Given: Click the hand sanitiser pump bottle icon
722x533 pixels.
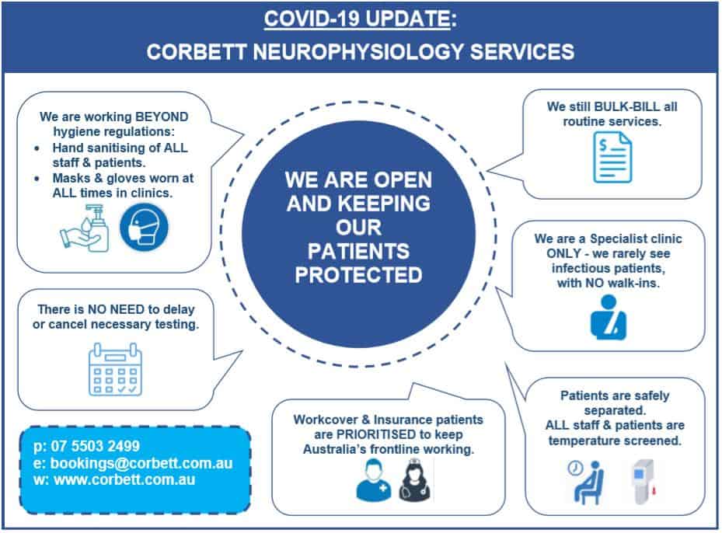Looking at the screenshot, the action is click(85, 228).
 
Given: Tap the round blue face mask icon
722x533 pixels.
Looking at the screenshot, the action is click(144, 228).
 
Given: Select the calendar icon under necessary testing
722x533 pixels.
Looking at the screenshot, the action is click(115, 369).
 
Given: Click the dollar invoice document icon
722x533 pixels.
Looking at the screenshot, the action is click(612, 157).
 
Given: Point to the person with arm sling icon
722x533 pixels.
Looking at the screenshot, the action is click(609, 317).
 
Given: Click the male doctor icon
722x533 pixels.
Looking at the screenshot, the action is click(373, 481).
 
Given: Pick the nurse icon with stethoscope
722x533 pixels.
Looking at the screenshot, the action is click(415, 482).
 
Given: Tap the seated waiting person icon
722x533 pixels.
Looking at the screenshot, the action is click(584, 482).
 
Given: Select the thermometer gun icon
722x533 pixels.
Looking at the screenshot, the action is click(644, 482).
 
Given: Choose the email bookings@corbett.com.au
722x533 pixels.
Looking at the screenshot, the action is click(141, 463).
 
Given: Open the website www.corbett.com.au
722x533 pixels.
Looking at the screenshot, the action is click(124, 479).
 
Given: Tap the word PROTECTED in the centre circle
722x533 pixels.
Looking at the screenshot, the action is click(359, 275).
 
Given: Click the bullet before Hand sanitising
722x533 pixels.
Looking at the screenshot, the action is click(37, 148).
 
